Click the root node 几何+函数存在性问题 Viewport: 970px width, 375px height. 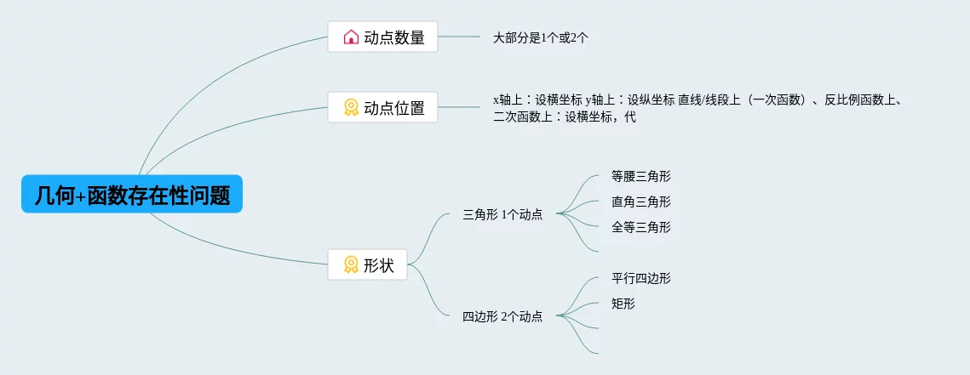pos(132,195)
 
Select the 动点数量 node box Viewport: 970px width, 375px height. pos(382,37)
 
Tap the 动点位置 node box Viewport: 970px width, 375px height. pos(382,107)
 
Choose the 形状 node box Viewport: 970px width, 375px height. pos(367,264)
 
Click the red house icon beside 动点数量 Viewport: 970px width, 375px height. pos(351,37)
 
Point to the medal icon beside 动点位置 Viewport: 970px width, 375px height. pos(351,107)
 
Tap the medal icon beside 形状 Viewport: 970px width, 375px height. pos(351,264)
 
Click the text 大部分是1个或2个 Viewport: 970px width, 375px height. pos(541,37)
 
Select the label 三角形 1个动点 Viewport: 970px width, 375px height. pos(502,214)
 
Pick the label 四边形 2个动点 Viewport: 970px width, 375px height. pos(502,316)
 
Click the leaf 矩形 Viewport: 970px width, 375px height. pos(623,304)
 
